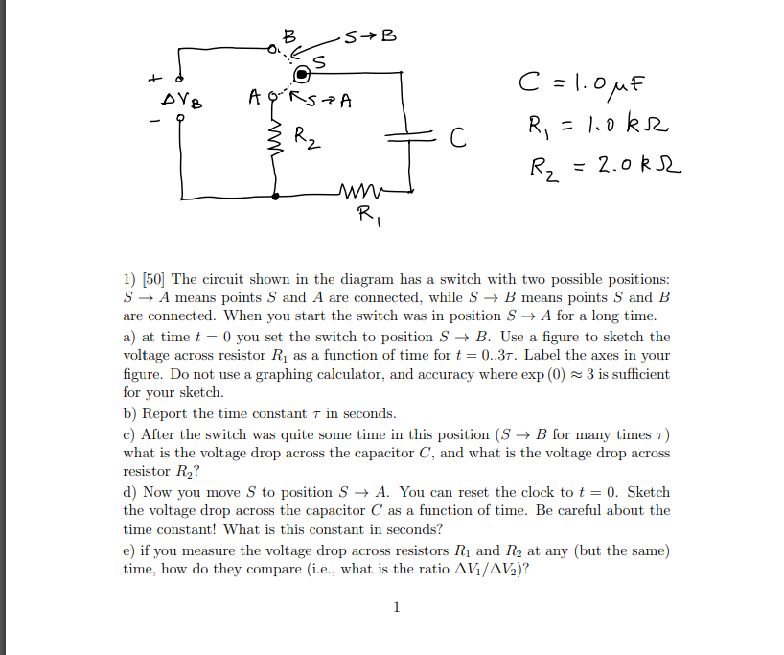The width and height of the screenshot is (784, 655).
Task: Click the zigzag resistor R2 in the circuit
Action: pyautogui.click(x=278, y=142)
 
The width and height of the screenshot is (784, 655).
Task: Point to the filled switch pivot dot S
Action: pyautogui.click(x=303, y=73)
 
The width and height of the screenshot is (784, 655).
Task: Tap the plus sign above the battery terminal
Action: pyautogui.click(x=152, y=76)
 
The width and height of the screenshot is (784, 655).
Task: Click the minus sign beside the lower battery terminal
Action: pyautogui.click(x=152, y=122)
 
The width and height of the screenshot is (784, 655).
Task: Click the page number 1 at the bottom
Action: pyautogui.click(x=396, y=606)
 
